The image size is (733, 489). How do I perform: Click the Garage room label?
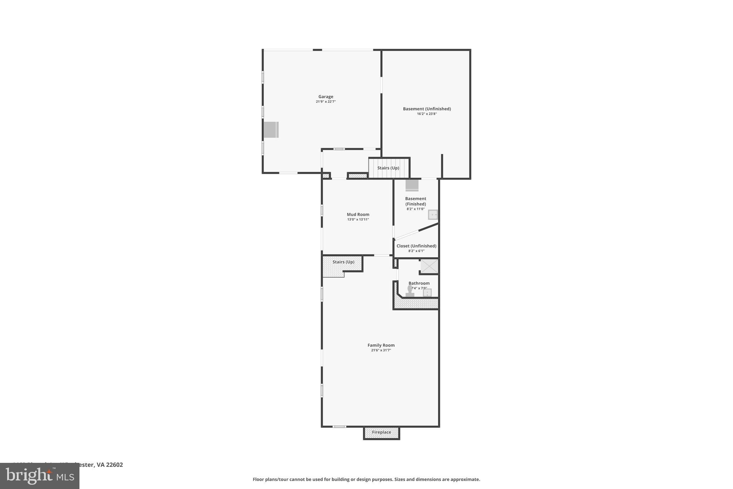coord(326,97)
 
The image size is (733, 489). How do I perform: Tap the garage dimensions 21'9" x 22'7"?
coord(326,102)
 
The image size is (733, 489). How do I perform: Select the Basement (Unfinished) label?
coord(427,109)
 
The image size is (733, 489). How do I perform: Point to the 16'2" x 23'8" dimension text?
coord(427,114)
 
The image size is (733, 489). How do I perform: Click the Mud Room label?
coord(358,215)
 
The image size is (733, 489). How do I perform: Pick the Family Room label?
coord(381,345)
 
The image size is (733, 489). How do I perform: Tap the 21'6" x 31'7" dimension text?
coord(381,350)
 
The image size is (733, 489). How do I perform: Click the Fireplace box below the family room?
coord(381,432)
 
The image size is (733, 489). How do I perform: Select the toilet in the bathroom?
coord(409,291)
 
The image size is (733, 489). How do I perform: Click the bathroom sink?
coord(427,293)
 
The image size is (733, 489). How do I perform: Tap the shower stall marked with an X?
coord(429,266)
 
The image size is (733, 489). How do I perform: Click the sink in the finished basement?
coord(433,215)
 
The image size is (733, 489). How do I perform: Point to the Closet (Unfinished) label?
coord(416,246)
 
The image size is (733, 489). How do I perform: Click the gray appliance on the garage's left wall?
coord(271,130)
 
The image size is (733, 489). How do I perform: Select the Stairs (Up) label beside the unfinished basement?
coord(388,168)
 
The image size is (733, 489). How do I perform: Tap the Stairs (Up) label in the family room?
coord(343,262)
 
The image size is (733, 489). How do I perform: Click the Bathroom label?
coord(419,283)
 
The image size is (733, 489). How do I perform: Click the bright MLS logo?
coord(40,476)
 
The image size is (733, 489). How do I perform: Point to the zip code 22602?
coord(114,465)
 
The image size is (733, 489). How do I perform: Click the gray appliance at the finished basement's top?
coord(412,185)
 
